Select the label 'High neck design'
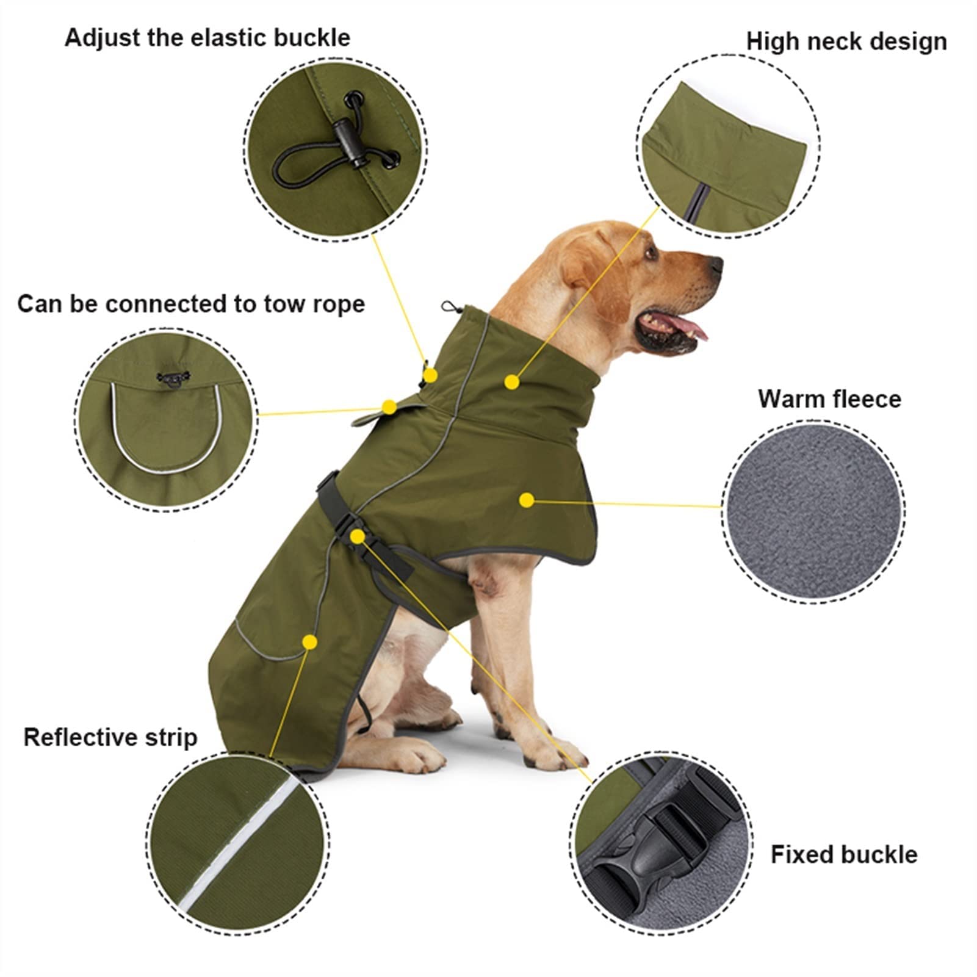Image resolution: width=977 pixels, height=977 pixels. (846, 41)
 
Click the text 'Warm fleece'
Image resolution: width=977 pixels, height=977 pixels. (829, 398)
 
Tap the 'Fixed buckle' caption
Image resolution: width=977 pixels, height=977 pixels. (843, 854)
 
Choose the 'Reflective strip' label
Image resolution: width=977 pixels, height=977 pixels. (110, 737)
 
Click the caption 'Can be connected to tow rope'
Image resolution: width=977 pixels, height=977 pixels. (191, 303)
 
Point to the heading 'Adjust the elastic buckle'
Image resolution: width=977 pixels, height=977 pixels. (207, 38)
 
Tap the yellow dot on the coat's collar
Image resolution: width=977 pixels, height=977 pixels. (512, 382)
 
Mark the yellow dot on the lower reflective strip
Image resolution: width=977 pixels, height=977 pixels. (310, 641)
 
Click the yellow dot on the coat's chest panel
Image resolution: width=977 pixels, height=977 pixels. (527, 500)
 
